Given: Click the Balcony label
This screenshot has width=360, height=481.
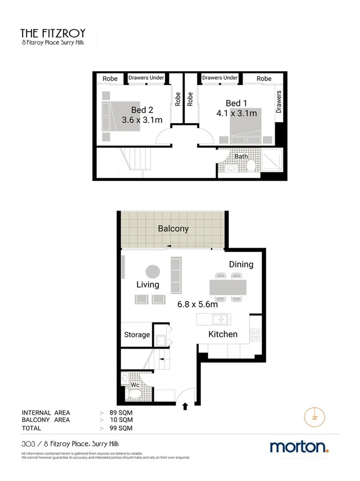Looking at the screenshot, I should click(173, 229).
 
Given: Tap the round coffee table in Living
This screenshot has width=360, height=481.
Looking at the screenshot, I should click(153, 271).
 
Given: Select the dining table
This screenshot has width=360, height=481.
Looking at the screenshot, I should click(228, 288).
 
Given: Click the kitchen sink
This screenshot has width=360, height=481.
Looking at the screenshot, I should click(219, 320).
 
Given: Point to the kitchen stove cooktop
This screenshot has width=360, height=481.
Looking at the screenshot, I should click(256, 336).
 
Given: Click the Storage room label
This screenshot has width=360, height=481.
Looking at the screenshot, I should click(137, 335).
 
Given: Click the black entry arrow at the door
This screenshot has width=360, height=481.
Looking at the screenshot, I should click(186, 407).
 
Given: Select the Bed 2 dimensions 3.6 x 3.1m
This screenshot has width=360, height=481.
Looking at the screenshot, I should click(142, 120).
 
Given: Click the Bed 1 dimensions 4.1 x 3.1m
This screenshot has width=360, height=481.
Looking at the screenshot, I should click(236, 113).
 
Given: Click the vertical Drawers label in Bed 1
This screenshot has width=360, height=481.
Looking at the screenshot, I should click(279, 102).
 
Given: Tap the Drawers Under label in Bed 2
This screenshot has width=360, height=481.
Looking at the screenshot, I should click(146, 78).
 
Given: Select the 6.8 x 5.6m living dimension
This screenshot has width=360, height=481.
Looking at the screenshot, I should click(197, 304).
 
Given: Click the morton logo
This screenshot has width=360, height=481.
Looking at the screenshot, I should click(299, 447).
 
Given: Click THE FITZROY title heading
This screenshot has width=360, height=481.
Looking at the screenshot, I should click(52, 33).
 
